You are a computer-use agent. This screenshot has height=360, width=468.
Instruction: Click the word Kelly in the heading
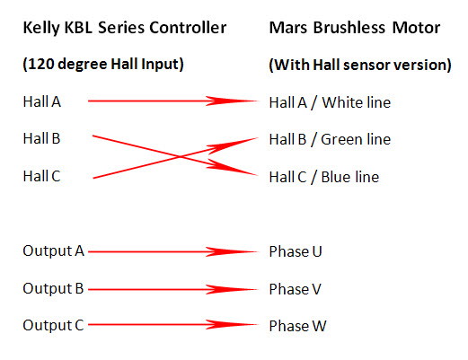41,28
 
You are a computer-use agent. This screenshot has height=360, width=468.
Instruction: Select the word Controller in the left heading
188,28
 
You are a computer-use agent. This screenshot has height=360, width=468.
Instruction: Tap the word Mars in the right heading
289,28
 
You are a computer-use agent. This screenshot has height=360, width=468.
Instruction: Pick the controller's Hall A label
42,101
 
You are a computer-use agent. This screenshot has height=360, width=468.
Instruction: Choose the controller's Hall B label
41,138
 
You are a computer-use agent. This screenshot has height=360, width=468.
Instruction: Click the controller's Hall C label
41,176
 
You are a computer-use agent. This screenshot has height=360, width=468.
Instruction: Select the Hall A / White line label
330,102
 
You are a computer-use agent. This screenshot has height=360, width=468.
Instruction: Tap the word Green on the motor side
340,139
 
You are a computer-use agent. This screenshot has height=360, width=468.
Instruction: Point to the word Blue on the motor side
335,177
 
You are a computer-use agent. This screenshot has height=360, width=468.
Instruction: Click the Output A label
54,251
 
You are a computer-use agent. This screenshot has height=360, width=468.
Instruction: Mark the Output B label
53,289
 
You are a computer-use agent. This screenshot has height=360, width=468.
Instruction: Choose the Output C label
53,326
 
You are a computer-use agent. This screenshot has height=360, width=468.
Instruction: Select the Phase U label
296,251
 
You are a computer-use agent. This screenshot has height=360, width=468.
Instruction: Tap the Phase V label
296,289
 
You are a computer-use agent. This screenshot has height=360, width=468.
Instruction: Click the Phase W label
297,326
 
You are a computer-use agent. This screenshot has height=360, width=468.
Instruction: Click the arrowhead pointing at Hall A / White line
232,101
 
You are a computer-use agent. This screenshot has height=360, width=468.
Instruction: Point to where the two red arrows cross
180,156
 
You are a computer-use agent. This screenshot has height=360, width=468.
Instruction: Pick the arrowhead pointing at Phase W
232,324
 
